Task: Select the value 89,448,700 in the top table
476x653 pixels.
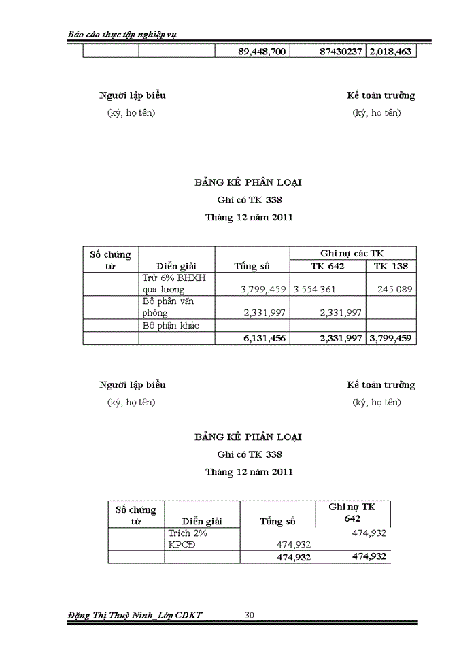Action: click(x=262, y=51)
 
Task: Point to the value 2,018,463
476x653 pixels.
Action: click(x=391, y=51)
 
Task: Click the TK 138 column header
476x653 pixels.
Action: click(x=391, y=266)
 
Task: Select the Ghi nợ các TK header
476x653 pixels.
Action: click(x=353, y=252)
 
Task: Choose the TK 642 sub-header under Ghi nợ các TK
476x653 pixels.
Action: click(x=328, y=266)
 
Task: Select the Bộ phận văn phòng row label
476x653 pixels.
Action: click(x=169, y=307)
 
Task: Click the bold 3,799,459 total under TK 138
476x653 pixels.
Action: click(x=391, y=337)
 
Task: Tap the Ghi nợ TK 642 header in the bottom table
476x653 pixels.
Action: click(x=352, y=513)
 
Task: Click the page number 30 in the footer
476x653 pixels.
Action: click(x=250, y=615)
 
